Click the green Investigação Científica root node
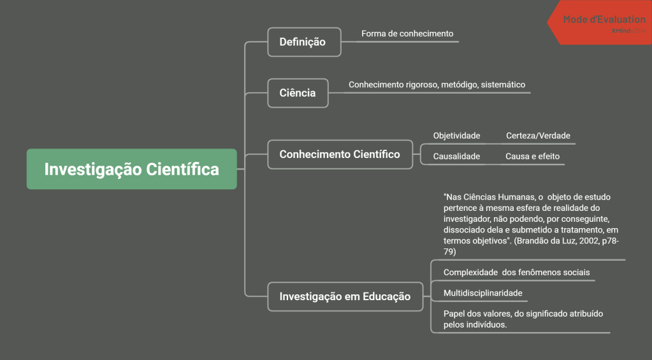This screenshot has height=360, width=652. [x=131, y=169]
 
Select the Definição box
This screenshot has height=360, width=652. [x=303, y=42]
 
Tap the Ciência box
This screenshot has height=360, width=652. [x=298, y=93]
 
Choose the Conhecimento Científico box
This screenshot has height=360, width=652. [x=340, y=154]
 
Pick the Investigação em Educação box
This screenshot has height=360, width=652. [x=345, y=296]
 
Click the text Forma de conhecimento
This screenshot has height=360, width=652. [x=407, y=33]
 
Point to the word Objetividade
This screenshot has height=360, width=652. [x=456, y=136]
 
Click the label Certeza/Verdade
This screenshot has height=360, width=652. [x=538, y=136]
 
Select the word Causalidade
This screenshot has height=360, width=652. [x=456, y=156]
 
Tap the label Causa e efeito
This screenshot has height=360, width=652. [x=532, y=156]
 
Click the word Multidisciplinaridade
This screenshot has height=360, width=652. [x=482, y=293]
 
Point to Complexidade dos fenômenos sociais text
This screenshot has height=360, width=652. [x=516, y=273]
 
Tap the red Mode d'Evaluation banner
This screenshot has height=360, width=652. [x=602, y=20]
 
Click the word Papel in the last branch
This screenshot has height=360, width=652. [x=454, y=314]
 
